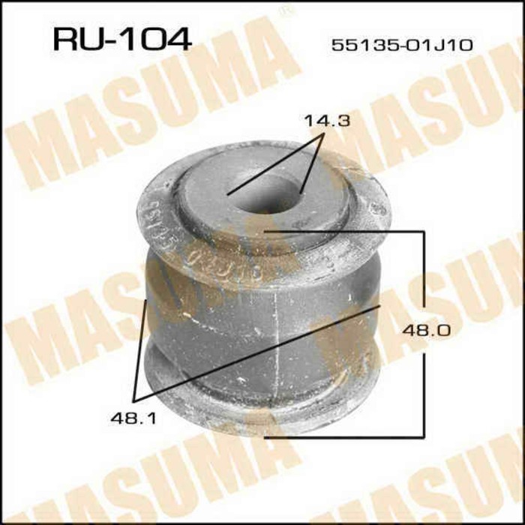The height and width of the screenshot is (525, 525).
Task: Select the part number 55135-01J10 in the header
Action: click(x=402, y=45)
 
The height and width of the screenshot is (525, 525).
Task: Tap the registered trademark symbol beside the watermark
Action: click(x=286, y=11)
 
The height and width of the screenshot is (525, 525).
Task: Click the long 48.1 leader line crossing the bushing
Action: click(x=255, y=352)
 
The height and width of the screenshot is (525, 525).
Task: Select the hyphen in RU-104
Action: click(x=112, y=39)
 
